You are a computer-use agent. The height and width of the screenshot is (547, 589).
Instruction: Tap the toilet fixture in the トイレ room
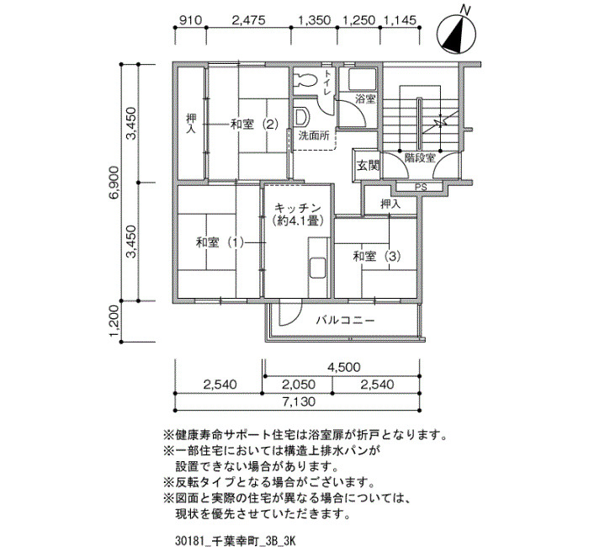tap(305, 79)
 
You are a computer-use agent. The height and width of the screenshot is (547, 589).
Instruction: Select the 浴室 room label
tap(365, 99)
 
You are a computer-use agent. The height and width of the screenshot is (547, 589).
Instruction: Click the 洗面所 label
tap(314, 135)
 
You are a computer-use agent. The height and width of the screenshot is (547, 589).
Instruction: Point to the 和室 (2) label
tap(254, 124)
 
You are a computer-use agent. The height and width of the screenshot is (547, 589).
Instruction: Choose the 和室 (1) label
tap(220, 242)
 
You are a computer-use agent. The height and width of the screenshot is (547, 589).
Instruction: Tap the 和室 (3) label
tap(377, 257)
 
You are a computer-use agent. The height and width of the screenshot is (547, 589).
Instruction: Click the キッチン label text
tap(298, 208)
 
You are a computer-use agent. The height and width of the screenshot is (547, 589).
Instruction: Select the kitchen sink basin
tap(317, 268)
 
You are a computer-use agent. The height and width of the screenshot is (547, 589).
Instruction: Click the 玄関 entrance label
tap(368, 165)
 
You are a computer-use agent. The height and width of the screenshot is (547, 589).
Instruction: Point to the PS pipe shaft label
tap(421, 187)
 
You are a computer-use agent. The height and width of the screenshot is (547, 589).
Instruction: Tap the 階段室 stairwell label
tap(420, 158)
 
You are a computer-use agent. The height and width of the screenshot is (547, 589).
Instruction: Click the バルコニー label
tap(345, 321)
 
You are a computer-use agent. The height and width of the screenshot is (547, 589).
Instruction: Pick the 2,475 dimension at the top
tap(249, 20)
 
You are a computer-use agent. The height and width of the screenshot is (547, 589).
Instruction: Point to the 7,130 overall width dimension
tap(299, 402)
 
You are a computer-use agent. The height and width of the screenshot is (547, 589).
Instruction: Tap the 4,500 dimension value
tap(343, 367)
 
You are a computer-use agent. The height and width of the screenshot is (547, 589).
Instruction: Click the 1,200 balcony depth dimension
tap(115, 321)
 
